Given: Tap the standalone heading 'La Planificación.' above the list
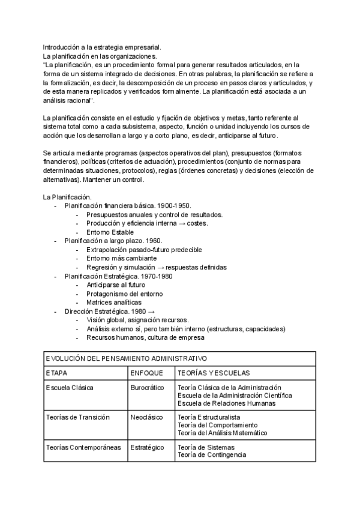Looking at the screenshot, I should click(67, 197).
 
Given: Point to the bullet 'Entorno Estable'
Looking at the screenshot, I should click(110, 232).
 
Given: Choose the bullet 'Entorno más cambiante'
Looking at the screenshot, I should click(117, 259).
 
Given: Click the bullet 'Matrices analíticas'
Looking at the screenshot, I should click(113, 303).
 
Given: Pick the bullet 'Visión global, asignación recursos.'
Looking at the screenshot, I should click(137, 321).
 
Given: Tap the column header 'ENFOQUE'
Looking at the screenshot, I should click(146, 373).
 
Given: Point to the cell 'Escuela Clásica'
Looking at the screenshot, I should click(70, 388).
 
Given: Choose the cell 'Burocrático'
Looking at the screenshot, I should click(147, 388).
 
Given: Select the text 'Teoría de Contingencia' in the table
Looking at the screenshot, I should click(212, 455).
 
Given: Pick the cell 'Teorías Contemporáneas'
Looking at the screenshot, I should click(83, 447).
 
